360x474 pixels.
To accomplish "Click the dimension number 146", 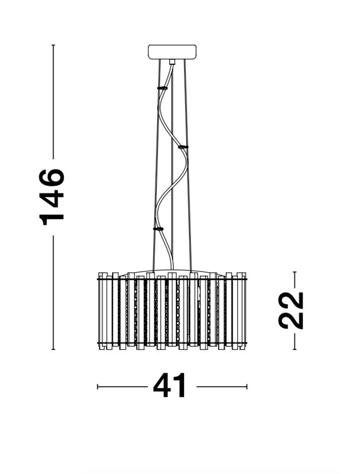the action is pyautogui.click(x=52, y=197).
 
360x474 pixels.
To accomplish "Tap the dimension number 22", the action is pyautogui.click(x=291, y=310).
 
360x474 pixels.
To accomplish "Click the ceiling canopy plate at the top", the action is pyautogui.click(x=172, y=52).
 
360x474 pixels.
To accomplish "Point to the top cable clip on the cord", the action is pyautogui.click(x=162, y=88).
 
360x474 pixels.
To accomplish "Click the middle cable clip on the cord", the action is pyautogui.click(x=183, y=147).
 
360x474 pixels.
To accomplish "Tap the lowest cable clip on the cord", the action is pyautogui.click(x=158, y=229).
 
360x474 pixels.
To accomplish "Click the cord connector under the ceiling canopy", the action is pyautogui.click(x=172, y=62).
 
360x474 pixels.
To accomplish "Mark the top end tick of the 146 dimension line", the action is pyautogui.click(x=53, y=45).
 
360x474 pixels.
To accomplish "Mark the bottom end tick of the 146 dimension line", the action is pyautogui.click(x=53, y=349).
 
